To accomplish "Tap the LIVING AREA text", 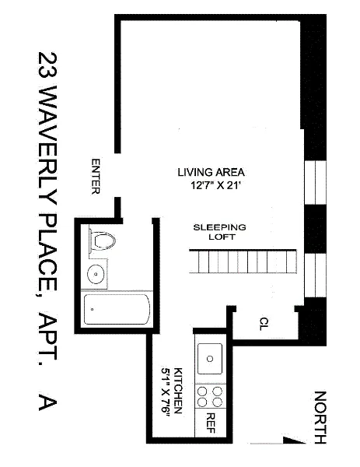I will pyautogui.click(x=211, y=172).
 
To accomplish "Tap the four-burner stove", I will pyautogui.click(x=210, y=397).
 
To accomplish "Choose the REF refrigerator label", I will pyautogui.click(x=210, y=423).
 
